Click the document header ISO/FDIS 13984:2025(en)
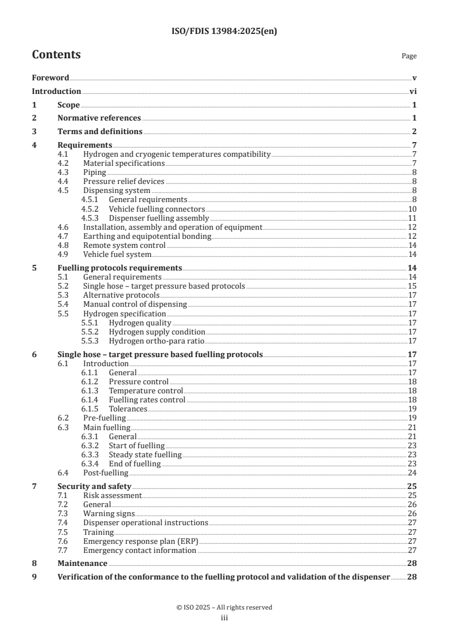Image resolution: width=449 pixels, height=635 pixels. point(224,32)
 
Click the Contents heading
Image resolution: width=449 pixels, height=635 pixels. point(56,55)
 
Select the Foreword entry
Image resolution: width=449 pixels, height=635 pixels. point(50,78)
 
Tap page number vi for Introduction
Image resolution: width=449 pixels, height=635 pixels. point(413,91)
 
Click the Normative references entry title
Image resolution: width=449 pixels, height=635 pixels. point(99,118)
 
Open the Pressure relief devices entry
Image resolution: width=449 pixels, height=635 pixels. point(123,182)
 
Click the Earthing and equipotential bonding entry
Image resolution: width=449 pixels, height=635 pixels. point(147,236)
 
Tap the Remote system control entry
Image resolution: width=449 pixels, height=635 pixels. point(124,245)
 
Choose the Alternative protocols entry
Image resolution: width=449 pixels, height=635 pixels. point(121,295)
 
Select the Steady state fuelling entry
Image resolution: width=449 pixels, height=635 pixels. point(145,454)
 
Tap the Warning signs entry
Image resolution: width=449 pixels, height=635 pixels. point(109,514)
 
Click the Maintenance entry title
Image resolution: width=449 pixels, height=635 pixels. point(82,564)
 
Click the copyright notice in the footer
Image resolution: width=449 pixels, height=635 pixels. point(224,607)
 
